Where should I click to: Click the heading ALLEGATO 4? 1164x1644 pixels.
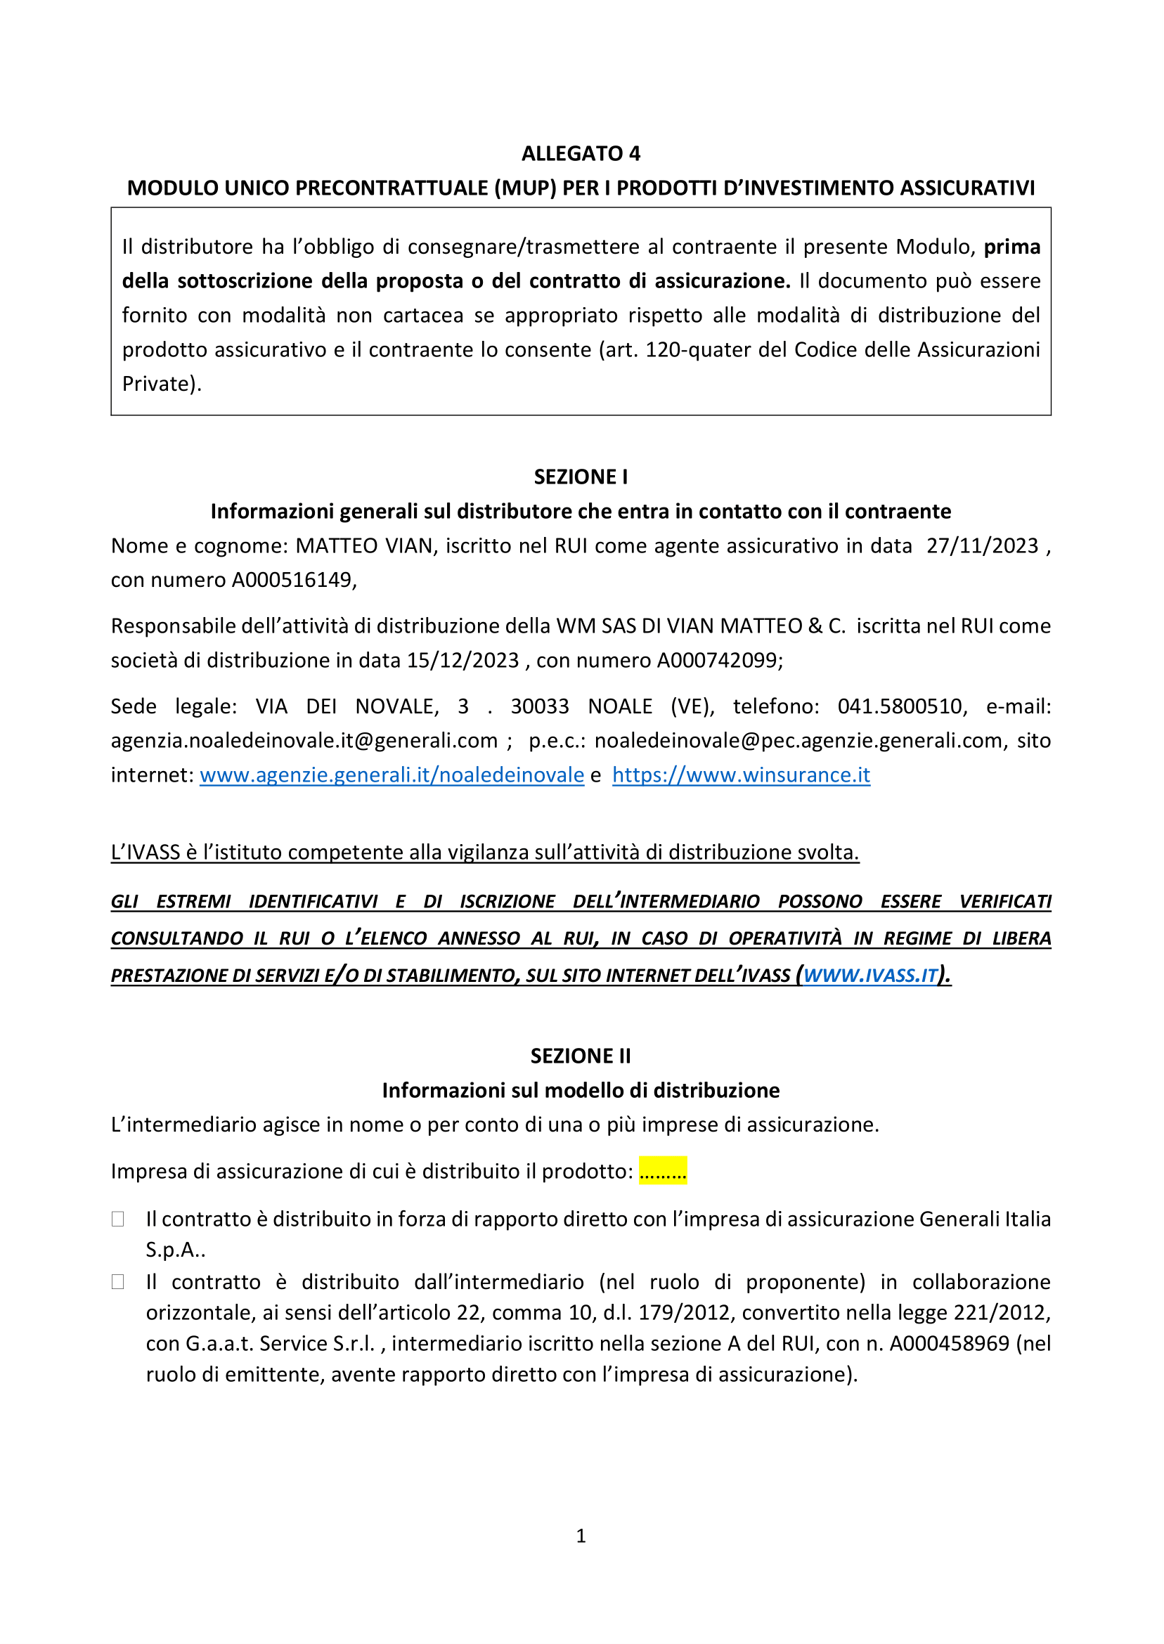pyautogui.click(x=581, y=153)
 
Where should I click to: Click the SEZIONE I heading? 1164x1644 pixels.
pyautogui.click(x=581, y=477)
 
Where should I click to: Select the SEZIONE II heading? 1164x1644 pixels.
pyautogui.click(x=581, y=1056)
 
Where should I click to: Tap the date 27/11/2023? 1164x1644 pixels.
pyautogui.click(x=982, y=546)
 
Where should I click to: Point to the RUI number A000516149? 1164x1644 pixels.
pyautogui.click(x=292, y=580)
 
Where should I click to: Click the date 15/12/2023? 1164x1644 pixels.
pyautogui.click(x=463, y=660)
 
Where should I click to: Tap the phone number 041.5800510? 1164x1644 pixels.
pyautogui.click(x=900, y=706)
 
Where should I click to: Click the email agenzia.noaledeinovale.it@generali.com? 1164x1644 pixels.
pyautogui.click(x=304, y=740)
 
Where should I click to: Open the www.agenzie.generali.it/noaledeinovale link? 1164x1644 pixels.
pyautogui.click(x=392, y=775)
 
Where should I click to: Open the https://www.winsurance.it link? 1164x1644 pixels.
pyautogui.click(x=741, y=775)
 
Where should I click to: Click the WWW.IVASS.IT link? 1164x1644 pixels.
pyautogui.click(x=870, y=976)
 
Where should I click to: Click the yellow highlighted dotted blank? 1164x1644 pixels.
pyautogui.click(x=663, y=1172)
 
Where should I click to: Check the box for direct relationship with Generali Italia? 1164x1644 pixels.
pyautogui.click(x=118, y=1219)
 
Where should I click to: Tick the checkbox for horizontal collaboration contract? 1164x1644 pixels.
pyautogui.click(x=118, y=1282)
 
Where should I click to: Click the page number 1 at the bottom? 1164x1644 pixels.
pyautogui.click(x=581, y=1536)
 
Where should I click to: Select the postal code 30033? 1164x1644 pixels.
pyautogui.click(x=540, y=706)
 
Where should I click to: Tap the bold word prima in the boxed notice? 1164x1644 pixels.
pyautogui.click(x=1011, y=247)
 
